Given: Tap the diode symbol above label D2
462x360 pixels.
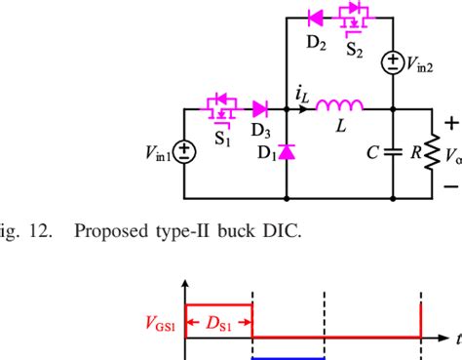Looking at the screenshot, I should tap(316, 17).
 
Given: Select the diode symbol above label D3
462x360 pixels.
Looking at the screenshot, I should tap(260, 107).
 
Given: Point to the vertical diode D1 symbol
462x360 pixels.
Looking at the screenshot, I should tap(287, 150).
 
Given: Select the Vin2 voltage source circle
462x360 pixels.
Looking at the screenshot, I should tap(391, 63).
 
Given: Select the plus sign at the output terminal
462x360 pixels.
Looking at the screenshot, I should tap(450, 124).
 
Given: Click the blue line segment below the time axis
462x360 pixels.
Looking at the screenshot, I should tap(289, 357).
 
